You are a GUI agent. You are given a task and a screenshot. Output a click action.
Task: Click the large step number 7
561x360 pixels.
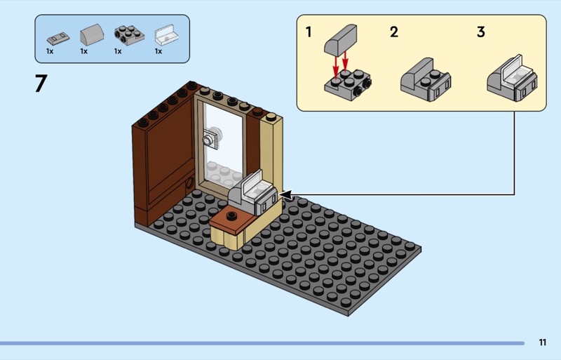[41, 84]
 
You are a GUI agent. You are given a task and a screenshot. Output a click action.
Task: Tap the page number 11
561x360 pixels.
[542, 342]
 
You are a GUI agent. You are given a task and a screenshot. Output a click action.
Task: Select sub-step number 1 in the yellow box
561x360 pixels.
[309, 32]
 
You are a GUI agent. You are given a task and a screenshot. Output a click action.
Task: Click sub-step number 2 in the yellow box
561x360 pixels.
[394, 32]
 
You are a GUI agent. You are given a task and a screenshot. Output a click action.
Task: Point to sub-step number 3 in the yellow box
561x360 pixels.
[481, 32]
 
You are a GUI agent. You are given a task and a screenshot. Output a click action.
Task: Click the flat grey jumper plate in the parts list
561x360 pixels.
[58, 38]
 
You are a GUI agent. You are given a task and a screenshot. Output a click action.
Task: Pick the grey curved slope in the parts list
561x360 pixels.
[92, 35]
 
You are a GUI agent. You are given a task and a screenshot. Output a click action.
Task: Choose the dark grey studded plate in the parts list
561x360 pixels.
[129, 35]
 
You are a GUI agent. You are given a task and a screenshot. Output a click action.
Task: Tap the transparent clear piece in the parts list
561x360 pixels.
[166, 35]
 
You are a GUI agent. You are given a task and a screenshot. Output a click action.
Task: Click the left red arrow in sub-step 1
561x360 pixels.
[336, 65]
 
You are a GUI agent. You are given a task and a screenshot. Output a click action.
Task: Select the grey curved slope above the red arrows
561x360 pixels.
[340, 39]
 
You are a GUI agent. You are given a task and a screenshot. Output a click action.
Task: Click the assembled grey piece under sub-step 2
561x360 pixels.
[426, 80]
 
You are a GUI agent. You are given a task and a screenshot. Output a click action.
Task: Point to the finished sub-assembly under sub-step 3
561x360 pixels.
[512, 78]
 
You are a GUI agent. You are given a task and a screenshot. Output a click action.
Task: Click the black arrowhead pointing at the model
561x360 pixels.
[286, 195]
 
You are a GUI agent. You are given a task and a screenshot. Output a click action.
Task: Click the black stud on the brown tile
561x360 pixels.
[232, 215]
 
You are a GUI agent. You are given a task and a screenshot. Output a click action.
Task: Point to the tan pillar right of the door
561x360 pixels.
[271, 161]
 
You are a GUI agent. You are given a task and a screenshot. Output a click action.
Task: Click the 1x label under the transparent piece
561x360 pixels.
[158, 51]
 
